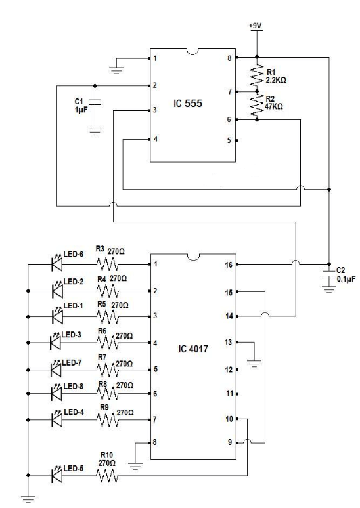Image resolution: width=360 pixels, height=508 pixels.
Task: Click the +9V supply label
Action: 256,26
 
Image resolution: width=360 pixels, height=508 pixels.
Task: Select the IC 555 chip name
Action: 188,103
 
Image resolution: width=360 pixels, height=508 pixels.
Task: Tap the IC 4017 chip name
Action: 193,349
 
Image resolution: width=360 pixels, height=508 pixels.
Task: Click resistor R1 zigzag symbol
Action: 257,75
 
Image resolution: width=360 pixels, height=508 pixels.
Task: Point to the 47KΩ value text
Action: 274,106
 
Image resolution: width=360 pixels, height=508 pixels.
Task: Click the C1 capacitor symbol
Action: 95,102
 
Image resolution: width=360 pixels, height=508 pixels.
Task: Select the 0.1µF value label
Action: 346,278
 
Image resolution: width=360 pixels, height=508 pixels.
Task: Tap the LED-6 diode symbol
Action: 57,263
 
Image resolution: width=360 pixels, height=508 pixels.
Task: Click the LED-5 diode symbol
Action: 57,475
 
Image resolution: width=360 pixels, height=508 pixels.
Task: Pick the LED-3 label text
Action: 72,334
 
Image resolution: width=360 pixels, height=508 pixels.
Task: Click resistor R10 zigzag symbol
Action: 106,476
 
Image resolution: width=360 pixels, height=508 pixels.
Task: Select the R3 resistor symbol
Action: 107,264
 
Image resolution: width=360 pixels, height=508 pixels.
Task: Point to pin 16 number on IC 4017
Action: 229,265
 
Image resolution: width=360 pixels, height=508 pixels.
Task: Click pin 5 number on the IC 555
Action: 229,140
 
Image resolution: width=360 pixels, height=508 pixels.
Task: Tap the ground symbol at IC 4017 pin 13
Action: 254,363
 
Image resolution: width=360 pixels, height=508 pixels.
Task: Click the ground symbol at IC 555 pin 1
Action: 116,70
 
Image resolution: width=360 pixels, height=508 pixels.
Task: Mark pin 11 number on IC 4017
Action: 229,393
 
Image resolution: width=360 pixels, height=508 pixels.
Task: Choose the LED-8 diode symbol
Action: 57,393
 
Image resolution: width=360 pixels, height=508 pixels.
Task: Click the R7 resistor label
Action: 102,357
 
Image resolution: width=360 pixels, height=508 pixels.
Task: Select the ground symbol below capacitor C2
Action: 329,289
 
